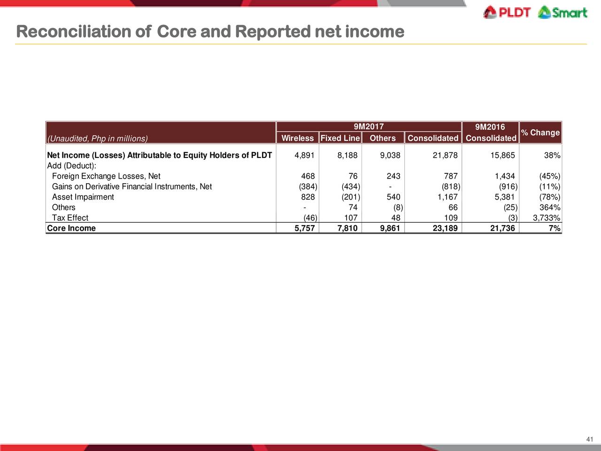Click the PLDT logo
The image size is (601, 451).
click(x=507, y=13)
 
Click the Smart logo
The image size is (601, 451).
click(x=562, y=13)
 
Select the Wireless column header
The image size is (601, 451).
click(x=297, y=138)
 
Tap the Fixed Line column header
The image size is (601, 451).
click(x=340, y=138)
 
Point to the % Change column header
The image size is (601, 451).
click(x=540, y=132)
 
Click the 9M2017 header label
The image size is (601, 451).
click(x=369, y=126)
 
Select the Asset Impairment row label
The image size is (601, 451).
click(x=83, y=197)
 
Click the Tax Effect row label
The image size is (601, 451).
click(x=70, y=218)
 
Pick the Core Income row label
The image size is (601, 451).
click(x=71, y=228)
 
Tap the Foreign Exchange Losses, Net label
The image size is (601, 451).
click(x=106, y=176)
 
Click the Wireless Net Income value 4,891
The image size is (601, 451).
click(x=304, y=155)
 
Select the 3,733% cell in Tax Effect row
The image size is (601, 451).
click(x=546, y=218)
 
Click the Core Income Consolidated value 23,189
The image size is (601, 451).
click(x=445, y=228)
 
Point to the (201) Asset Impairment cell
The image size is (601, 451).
click(x=351, y=197)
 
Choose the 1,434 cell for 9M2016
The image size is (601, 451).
click(x=505, y=176)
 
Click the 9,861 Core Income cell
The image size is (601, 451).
click(x=390, y=228)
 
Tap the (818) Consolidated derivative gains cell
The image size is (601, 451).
click(x=451, y=187)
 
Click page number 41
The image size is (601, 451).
click(x=590, y=439)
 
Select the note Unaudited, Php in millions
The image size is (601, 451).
click(x=98, y=139)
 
